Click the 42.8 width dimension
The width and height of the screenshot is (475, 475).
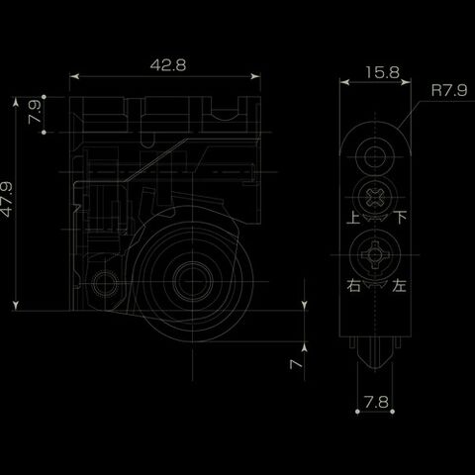tap(168, 65)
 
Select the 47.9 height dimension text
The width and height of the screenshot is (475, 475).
tap(6, 199)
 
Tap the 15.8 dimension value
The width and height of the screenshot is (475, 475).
tap(382, 72)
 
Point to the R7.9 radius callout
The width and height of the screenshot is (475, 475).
tap(449, 90)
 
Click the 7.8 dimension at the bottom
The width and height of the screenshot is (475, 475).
tap(376, 402)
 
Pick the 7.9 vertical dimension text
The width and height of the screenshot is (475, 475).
tap(35, 112)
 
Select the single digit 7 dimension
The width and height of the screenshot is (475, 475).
tap(296, 364)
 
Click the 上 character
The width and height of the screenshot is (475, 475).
tap(353, 218)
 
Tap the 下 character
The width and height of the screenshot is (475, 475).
tap(401, 218)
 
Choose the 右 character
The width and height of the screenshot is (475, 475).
tap(353, 285)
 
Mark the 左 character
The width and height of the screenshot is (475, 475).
tap(399, 285)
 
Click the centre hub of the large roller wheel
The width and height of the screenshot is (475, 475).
tap(193, 281)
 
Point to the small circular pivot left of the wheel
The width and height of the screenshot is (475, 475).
tap(105, 283)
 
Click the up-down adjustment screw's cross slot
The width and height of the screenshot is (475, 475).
tap(375, 198)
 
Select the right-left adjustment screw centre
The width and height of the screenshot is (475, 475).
tap(375, 254)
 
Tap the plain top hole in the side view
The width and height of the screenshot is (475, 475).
tap(375, 156)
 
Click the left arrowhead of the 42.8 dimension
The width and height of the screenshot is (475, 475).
tap(74, 76)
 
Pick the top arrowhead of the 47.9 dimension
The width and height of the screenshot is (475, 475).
tap(16, 102)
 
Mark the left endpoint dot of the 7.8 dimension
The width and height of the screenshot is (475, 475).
tap(357, 412)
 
